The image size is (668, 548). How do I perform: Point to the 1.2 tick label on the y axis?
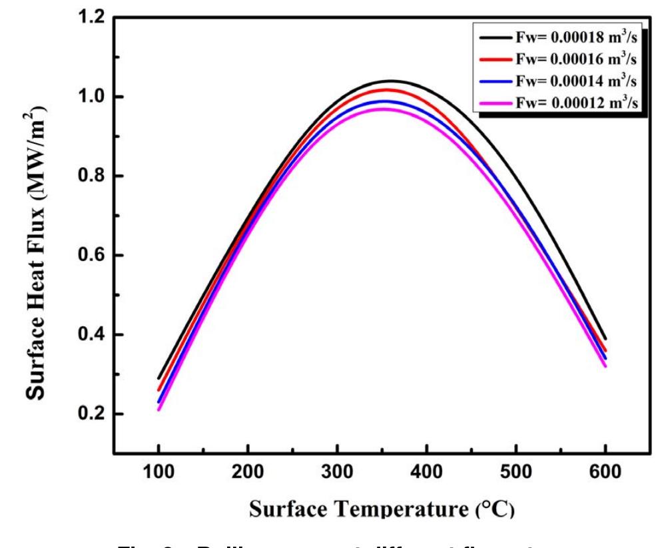point(92,18)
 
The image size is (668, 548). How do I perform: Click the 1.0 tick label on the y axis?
point(92,97)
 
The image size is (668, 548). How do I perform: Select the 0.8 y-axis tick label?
point(92,176)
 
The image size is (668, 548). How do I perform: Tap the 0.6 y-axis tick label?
point(92,256)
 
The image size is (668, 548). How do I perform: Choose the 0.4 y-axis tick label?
point(92,335)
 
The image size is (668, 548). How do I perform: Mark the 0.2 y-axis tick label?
point(92,414)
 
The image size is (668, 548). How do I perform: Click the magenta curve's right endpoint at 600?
point(605,366)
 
